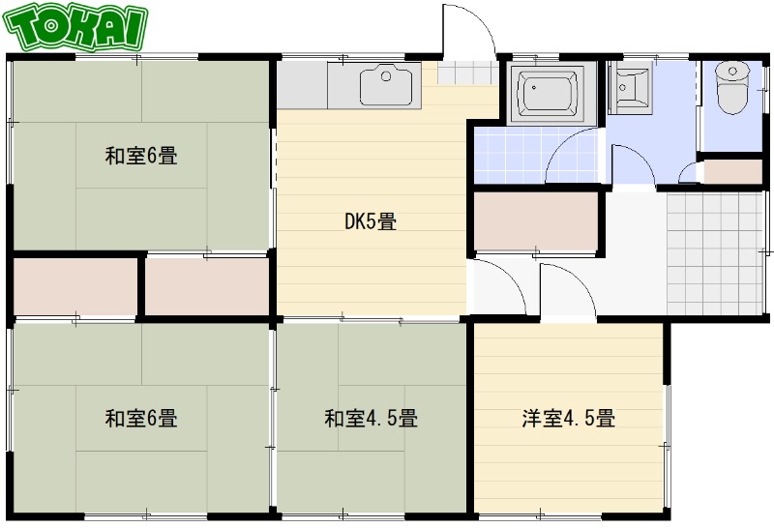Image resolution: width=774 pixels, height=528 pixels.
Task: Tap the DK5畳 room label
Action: click(x=371, y=221)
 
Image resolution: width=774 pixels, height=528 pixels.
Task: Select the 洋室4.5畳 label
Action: click(x=569, y=419)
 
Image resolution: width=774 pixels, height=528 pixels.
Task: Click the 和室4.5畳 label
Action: click(x=371, y=419)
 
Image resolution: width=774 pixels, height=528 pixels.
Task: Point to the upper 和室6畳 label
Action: click(x=141, y=155)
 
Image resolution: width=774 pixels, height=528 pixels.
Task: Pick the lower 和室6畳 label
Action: click(x=141, y=419)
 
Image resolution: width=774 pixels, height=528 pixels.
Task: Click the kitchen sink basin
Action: click(x=390, y=87)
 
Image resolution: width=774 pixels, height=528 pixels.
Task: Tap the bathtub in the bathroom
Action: click(x=551, y=94)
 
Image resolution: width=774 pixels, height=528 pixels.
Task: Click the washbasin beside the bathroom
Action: click(x=632, y=86)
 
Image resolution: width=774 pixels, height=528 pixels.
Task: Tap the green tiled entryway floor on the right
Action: click(x=715, y=252)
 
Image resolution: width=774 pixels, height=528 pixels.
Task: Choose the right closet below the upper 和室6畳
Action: click(x=206, y=286)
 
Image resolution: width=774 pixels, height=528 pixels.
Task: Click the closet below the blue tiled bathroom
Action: click(x=535, y=222)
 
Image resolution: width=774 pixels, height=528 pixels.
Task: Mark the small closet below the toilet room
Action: click(x=731, y=170)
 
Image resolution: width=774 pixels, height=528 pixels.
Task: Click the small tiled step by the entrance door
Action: click(x=466, y=73)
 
